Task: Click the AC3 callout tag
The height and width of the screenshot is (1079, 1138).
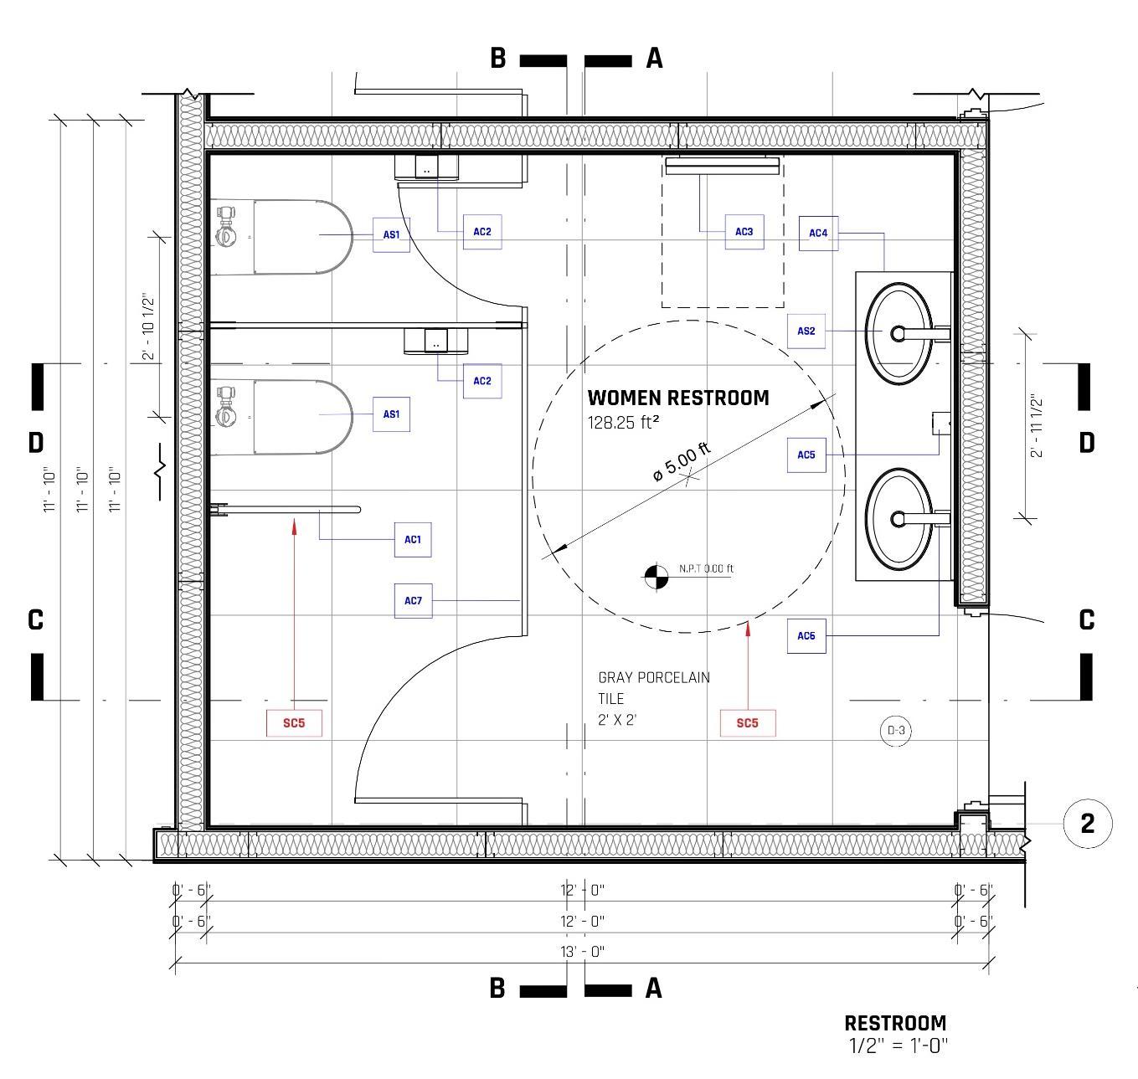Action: pyautogui.click(x=744, y=232)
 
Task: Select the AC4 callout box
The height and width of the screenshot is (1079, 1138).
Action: pyautogui.click(x=818, y=234)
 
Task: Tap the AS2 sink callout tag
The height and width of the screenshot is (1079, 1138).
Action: pyautogui.click(x=806, y=331)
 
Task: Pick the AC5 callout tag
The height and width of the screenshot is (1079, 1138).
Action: pyautogui.click(x=806, y=455)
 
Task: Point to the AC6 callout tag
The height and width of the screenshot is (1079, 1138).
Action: pyautogui.click(x=806, y=636)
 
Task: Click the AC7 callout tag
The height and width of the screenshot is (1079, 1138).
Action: pyautogui.click(x=413, y=601)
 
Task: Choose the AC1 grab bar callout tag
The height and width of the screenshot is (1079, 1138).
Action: pyautogui.click(x=413, y=540)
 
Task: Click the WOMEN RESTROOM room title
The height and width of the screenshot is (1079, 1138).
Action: pyautogui.click(x=677, y=398)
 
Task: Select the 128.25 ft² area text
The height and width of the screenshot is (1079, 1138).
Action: pyautogui.click(x=623, y=423)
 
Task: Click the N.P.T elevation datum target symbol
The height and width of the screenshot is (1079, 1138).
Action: pyautogui.click(x=657, y=575)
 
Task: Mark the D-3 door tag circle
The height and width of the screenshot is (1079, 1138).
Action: pyautogui.click(x=896, y=731)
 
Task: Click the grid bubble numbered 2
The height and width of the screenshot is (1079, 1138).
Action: pyautogui.click(x=1087, y=824)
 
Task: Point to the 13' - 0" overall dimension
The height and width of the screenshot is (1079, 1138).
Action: pyautogui.click(x=582, y=952)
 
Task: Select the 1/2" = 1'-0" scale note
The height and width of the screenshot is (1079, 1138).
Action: pyautogui.click(x=898, y=1046)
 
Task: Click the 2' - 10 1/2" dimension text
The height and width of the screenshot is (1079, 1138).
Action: pyautogui.click(x=148, y=326)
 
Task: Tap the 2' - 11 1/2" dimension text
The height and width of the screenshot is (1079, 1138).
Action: pyautogui.click(x=1037, y=425)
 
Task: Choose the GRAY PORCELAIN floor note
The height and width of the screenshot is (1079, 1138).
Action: pyautogui.click(x=653, y=677)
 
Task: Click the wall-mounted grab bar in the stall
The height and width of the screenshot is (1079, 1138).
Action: pyautogui.click(x=289, y=509)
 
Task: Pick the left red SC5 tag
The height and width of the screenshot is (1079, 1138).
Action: pyautogui.click(x=294, y=723)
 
